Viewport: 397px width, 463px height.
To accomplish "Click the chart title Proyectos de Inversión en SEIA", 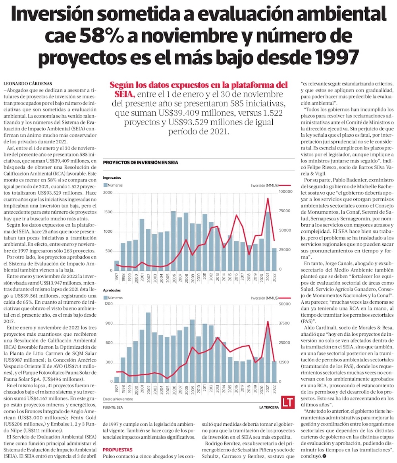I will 140,163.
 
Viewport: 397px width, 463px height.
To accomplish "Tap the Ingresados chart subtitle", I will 112,178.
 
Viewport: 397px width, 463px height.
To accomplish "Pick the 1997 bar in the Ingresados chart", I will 117,266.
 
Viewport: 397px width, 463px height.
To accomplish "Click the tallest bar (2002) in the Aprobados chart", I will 148,347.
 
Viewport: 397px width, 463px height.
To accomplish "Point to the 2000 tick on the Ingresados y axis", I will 108,193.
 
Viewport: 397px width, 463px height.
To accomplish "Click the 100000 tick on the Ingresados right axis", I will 287,193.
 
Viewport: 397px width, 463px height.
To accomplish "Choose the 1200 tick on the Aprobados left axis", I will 108,304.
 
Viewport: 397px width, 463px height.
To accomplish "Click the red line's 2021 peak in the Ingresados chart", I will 268,198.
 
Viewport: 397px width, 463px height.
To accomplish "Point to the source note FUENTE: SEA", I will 113,407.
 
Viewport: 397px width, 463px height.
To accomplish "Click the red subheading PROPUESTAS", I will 118,450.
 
